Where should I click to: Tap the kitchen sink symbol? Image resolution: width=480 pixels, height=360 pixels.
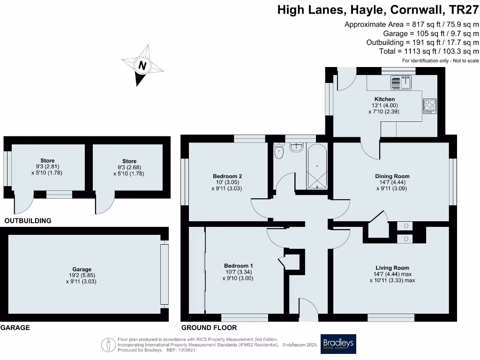pos(401,83)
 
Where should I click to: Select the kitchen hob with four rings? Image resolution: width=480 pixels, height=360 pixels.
pos(430,106)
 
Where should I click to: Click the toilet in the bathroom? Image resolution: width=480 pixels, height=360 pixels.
pos(279,151)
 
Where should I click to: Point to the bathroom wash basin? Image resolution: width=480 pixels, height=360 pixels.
pos(296,148)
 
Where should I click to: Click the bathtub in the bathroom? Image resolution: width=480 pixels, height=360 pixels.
pos(318,167)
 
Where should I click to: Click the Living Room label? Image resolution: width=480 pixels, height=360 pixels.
pos(392,268)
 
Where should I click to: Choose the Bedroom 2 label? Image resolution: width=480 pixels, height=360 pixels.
pos(227,176)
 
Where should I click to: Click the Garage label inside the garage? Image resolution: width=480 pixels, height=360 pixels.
pos(82,270)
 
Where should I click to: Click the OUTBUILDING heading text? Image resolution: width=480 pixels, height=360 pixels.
pos(28,220)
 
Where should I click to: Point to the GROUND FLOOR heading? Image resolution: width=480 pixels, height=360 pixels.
pos(209,328)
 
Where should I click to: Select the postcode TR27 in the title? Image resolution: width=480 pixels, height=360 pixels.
pos(464,10)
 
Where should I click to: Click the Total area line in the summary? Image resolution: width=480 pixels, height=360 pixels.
pos(429,51)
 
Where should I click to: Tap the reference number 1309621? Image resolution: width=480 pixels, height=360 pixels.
pos(186,350)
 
